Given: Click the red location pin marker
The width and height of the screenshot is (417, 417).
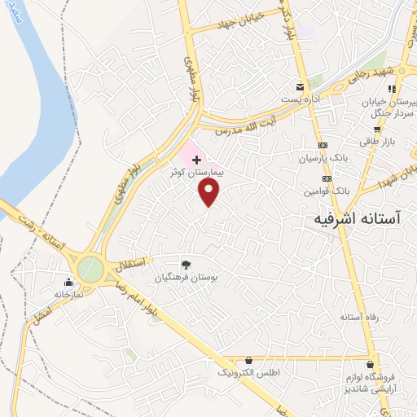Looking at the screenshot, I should (x=210, y=191).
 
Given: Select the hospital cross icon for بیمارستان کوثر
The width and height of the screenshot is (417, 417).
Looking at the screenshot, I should (x=195, y=160).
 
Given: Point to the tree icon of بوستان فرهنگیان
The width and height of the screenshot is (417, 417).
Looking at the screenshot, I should (x=187, y=264).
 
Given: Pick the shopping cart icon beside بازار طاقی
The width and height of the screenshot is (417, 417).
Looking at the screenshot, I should (x=376, y=129).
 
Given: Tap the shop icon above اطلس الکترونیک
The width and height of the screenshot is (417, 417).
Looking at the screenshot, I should (x=248, y=360).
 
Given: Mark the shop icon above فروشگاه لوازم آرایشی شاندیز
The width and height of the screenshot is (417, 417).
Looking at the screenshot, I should (x=372, y=364).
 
